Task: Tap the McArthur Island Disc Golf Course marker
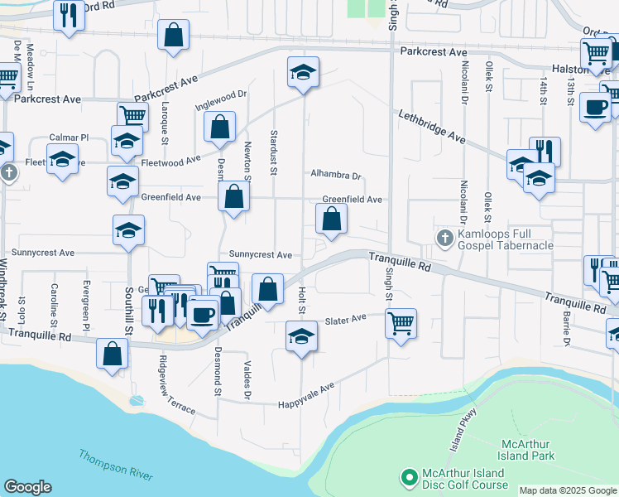tap(407, 477)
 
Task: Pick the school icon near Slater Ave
tap(301, 335)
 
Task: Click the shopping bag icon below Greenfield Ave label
tap(331, 219)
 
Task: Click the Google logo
tap(27, 486)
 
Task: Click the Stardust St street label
tap(272, 153)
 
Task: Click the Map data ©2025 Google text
tap(568, 490)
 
